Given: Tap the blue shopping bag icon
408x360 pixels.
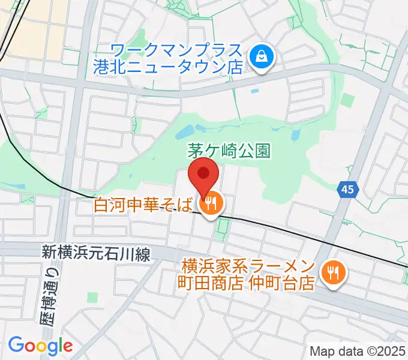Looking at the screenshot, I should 262,58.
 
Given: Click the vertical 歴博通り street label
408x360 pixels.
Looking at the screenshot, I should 51,298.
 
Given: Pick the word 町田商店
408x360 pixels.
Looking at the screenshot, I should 210,283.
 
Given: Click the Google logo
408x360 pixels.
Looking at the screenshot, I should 40,346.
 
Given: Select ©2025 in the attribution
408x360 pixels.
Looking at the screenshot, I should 383,350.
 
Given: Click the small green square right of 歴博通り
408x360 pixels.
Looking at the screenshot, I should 92,296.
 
